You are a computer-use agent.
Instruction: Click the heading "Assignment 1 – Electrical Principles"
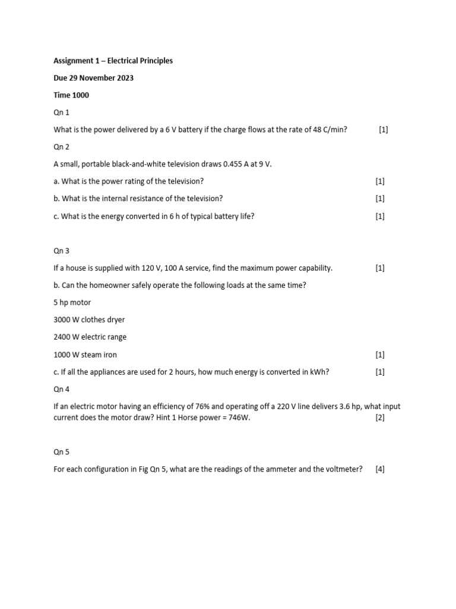[x=113, y=61]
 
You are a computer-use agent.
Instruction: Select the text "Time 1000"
[x=71, y=95]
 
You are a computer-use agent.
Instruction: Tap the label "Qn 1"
[x=61, y=112]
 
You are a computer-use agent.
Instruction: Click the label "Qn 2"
[x=61, y=147]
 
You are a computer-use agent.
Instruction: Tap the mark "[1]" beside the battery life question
[x=380, y=216]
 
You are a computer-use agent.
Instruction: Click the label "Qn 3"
[x=61, y=251]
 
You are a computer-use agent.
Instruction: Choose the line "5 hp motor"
[x=72, y=303]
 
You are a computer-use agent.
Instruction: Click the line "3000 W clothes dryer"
[x=89, y=320]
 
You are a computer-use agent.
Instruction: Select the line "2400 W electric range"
[x=90, y=337]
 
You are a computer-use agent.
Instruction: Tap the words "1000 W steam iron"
[x=85, y=354]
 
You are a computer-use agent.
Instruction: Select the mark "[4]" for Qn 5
[x=380, y=469]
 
